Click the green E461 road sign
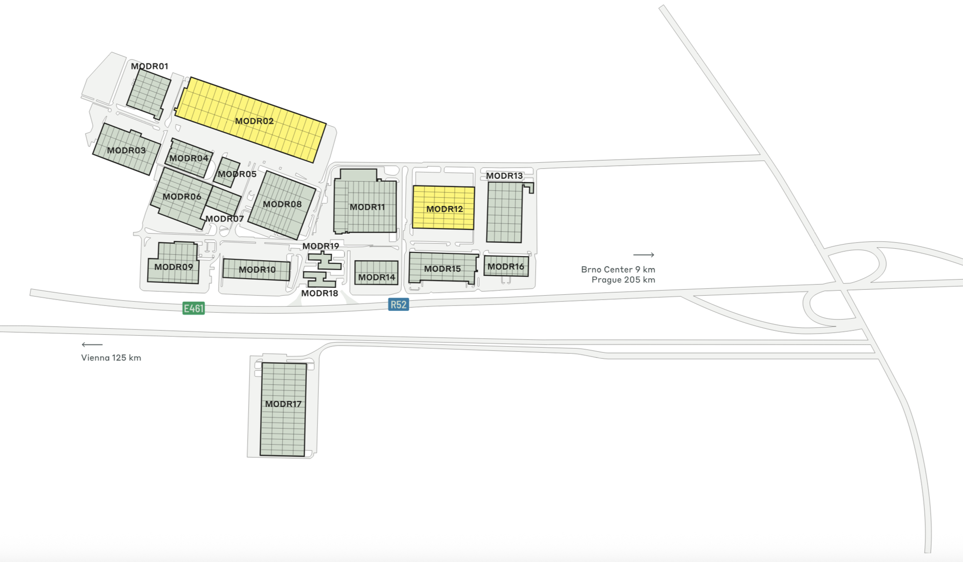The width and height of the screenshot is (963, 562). (193, 308)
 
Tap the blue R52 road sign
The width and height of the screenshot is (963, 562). (398, 305)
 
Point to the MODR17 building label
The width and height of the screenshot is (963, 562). (283, 404)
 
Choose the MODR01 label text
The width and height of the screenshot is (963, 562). (149, 66)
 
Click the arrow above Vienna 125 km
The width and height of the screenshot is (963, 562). (92, 345)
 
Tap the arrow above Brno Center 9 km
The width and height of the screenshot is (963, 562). (644, 255)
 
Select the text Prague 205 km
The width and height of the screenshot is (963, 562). (623, 280)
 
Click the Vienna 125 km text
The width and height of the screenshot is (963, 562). (111, 358)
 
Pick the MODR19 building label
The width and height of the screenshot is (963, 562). (320, 246)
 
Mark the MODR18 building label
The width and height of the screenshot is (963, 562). (319, 293)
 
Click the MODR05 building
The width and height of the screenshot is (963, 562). (227, 173)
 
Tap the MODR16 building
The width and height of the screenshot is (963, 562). (506, 267)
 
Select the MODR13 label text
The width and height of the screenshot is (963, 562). (504, 176)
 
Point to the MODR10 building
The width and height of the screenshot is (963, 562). (256, 270)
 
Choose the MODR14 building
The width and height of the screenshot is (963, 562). (376, 272)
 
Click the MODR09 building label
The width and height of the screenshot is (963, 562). (173, 267)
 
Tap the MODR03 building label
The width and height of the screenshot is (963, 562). (126, 151)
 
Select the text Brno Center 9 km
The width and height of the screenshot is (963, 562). (618, 269)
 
